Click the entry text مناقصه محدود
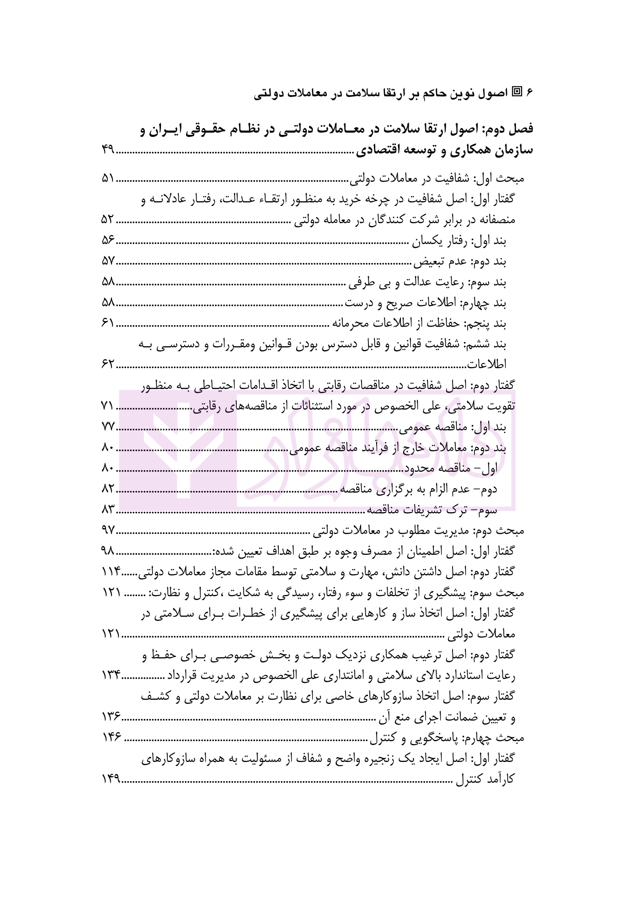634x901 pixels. point(442,469)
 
